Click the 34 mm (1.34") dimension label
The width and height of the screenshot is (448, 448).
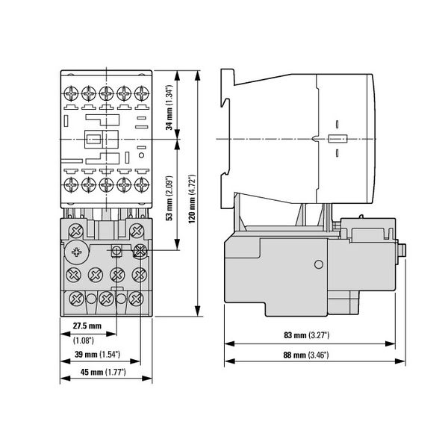click(169, 107)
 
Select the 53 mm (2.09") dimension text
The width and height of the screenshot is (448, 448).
click(169, 198)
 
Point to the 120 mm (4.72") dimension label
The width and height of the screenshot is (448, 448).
click(192, 199)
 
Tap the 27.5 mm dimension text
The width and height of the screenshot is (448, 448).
click(87, 326)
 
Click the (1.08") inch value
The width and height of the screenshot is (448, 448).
click(84, 340)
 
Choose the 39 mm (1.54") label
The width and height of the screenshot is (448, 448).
click(97, 355)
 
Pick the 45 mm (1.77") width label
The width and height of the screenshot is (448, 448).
click(103, 373)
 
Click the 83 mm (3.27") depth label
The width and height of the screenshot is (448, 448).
click(307, 335)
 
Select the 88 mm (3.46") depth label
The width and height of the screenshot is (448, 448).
click(306, 355)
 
